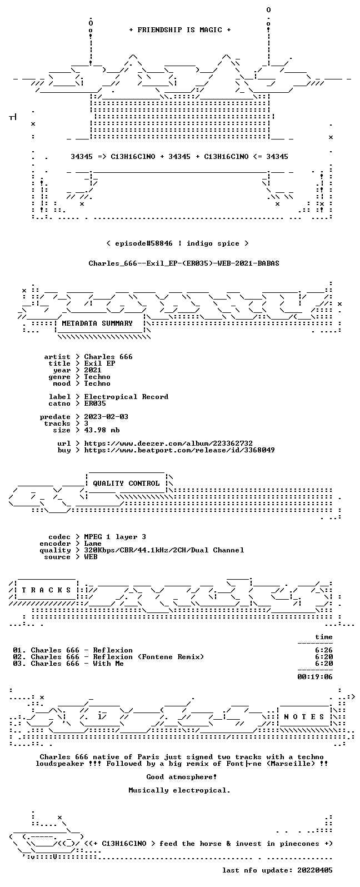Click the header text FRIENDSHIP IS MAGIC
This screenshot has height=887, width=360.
click(180, 30)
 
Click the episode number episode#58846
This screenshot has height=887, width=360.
click(144, 243)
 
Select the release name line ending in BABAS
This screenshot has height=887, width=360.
click(184, 263)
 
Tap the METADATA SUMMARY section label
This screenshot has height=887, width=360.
click(97, 323)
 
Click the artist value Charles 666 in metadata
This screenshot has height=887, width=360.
click(108, 357)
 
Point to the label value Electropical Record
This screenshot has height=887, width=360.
click(126, 397)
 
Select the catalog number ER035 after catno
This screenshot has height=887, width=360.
click(95, 403)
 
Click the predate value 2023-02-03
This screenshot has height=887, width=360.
click(106, 417)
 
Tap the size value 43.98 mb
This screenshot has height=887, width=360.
click(102, 430)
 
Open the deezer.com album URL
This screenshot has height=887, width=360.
click(168, 443)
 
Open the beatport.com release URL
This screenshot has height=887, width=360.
click(179, 450)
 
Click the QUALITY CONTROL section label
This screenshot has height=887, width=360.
click(126, 484)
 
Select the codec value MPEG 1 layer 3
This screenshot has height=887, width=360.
click(115, 537)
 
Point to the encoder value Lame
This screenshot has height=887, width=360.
click(93, 544)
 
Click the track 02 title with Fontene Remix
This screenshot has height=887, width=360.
click(117, 657)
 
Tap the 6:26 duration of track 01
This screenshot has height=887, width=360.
click(324, 650)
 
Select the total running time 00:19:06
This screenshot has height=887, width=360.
click(315, 677)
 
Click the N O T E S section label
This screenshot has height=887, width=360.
click(304, 717)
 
